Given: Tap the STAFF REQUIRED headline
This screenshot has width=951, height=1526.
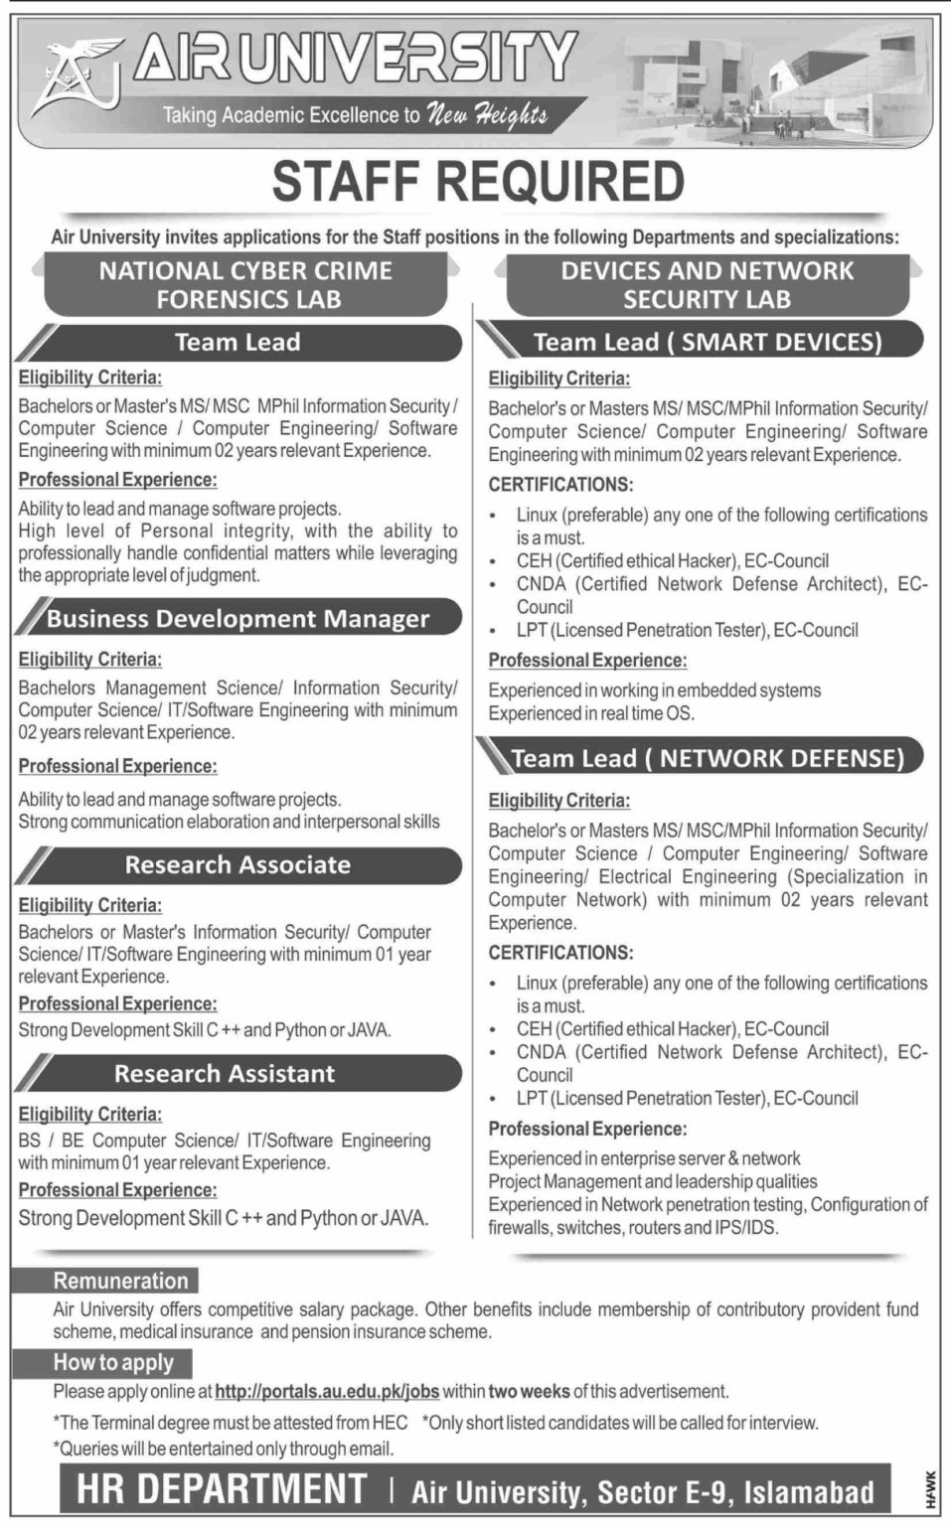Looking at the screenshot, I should click(x=478, y=182).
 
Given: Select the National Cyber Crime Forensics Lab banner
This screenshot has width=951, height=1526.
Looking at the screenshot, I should click(x=245, y=284).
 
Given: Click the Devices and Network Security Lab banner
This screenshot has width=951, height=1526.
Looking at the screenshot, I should click(x=707, y=284).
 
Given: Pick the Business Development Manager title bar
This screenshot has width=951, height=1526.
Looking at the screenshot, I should click(x=238, y=619).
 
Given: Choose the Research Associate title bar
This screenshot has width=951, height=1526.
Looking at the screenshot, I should click(x=238, y=865).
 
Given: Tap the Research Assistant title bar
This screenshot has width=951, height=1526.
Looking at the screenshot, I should click(x=225, y=1074).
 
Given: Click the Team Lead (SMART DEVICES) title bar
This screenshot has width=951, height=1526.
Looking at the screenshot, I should click(x=707, y=342).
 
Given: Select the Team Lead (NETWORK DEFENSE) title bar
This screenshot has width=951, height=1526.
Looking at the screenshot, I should click(x=707, y=759).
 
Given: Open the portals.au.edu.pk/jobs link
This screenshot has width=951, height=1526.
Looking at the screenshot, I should click(x=327, y=1392).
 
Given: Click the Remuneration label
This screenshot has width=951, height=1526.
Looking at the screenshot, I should click(x=120, y=1281).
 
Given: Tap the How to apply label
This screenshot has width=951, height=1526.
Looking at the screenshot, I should click(x=113, y=1363).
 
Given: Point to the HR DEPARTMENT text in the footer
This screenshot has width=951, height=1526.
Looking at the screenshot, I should click(x=222, y=1489).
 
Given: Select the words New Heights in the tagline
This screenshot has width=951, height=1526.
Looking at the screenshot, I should click(x=486, y=115).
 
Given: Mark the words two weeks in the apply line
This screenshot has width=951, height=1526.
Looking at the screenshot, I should click(x=529, y=1392).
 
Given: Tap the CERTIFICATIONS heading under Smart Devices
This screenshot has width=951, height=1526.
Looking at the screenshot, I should click(x=560, y=485).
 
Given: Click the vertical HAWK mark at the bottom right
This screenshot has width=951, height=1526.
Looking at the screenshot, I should click(x=930, y=1489).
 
